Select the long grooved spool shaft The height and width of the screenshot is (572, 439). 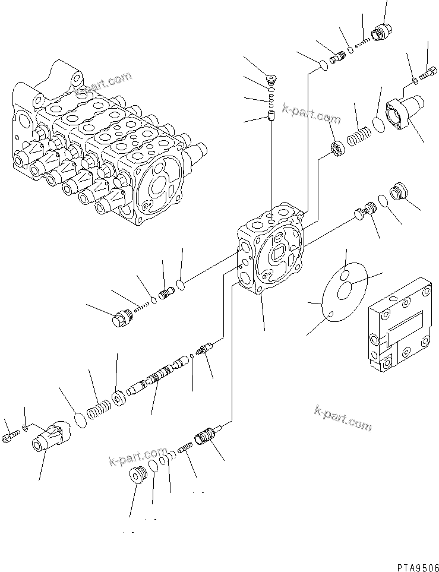157,378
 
